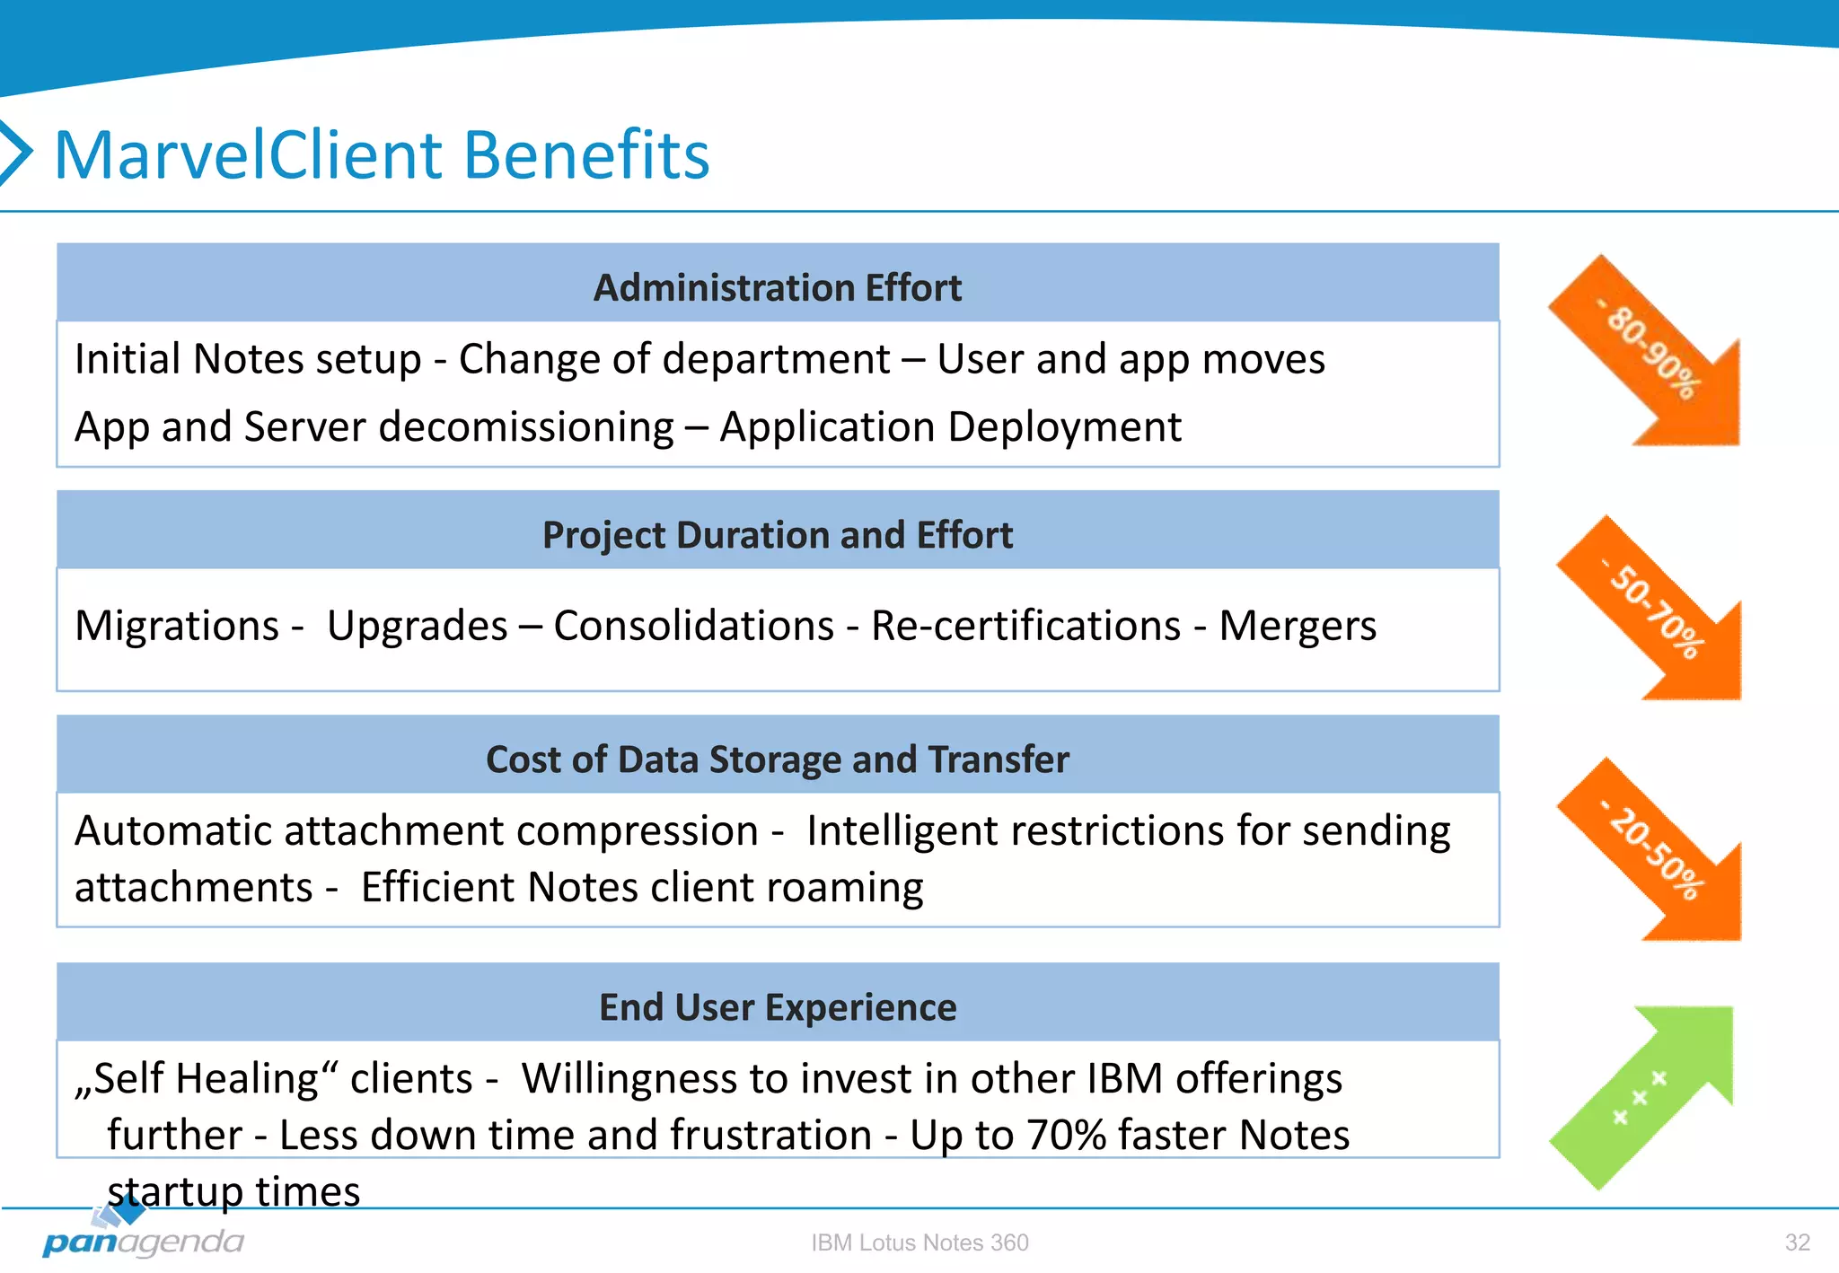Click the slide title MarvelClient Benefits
click(x=382, y=154)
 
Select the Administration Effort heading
click(x=778, y=288)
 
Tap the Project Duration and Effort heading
click(x=778, y=535)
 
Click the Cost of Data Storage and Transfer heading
click(x=778, y=759)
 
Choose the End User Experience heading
click(x=778, y=1007)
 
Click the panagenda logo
click(x=144, y=1235)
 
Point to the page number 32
click(x=1797, y=1242)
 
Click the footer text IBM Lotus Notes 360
click(x=919, y=1242)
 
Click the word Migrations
click(x=177, y=626)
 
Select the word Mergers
click(x=1297, y=626)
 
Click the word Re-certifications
click(x=1025, y=626)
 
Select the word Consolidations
click(x=693, y=626)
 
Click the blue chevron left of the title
click(x=16, y=153)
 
